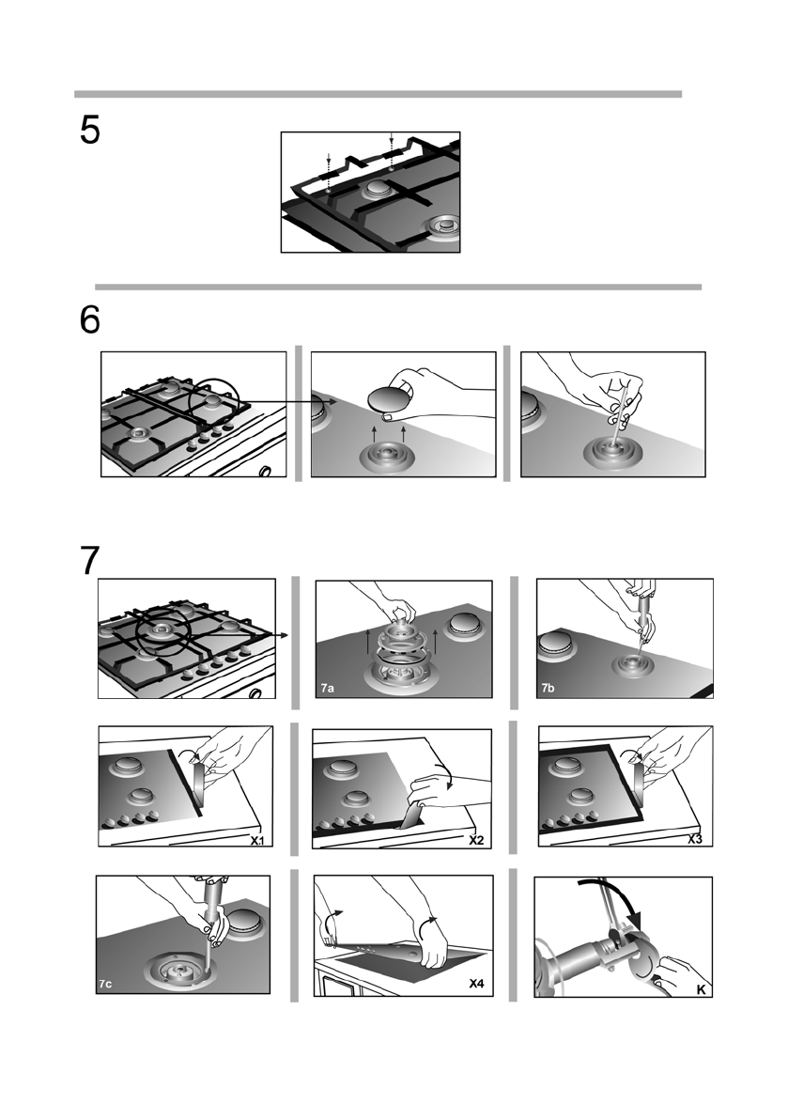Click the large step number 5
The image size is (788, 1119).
point(90,130)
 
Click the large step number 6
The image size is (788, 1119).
point(90,320)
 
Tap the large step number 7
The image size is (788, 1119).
point(90,561)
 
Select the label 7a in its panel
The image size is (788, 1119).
point(327,689)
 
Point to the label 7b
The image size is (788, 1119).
point(548,689)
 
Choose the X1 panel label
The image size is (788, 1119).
point(257,839)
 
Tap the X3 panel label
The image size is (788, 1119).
point(695,839)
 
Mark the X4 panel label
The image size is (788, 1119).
point(477,984)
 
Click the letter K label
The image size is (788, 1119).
point(701,989)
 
